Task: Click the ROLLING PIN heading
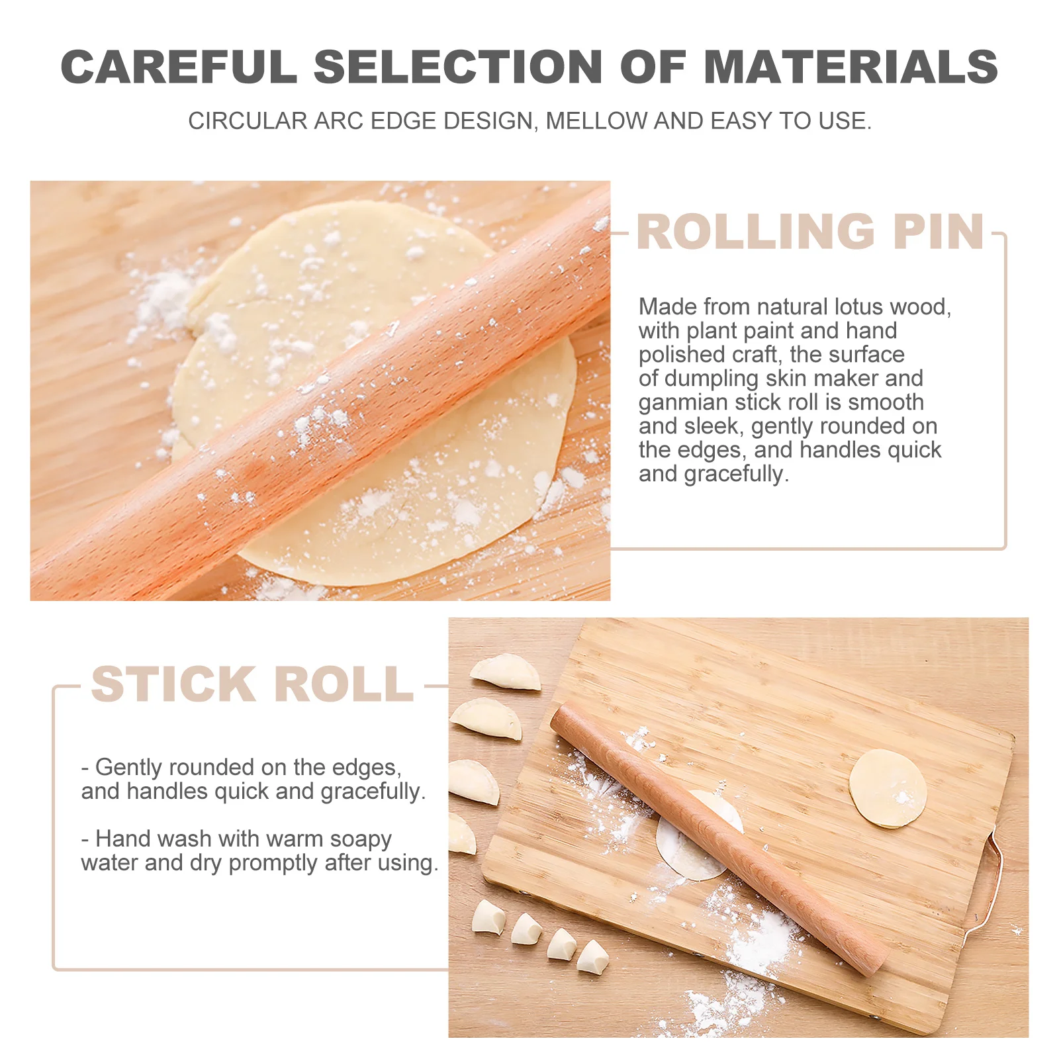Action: [x=810, y=232]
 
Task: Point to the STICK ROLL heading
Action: [x=252, y=684]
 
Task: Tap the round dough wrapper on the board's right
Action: [x=887, y=788]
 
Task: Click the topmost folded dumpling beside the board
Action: [x=506, y=671]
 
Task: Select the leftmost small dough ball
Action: [x=488, y=918]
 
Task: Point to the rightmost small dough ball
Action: [x=592, y=957]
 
